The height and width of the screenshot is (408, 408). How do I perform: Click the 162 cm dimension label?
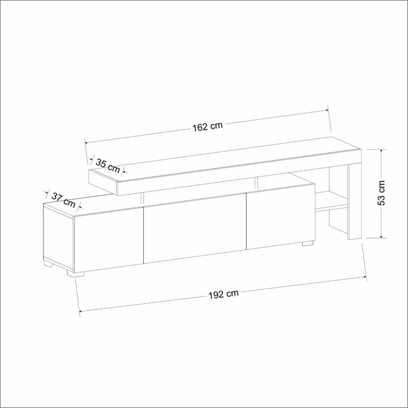click(x=207, y=126)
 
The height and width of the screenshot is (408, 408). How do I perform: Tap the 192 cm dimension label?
click(x=223, y=294)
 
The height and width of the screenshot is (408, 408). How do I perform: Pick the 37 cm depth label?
click(x=63, y=199)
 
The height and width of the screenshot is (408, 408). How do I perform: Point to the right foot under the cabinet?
click(x=308, y=244)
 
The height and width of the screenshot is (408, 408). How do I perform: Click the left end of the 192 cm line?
click(x=80, y=311)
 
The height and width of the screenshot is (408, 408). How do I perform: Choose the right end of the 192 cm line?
click(x=365, y=277)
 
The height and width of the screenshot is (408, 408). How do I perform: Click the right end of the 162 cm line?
click(x=327, y=110)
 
